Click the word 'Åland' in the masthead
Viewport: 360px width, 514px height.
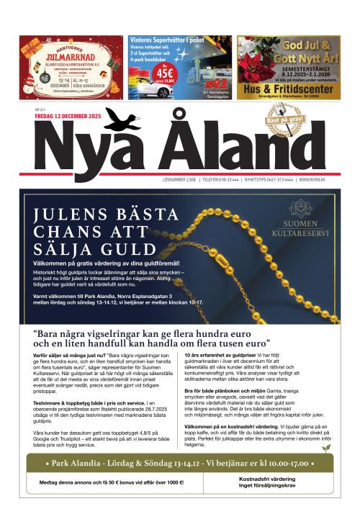coord(238,148)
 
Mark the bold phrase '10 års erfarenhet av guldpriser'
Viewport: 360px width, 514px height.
coord(221,356)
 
